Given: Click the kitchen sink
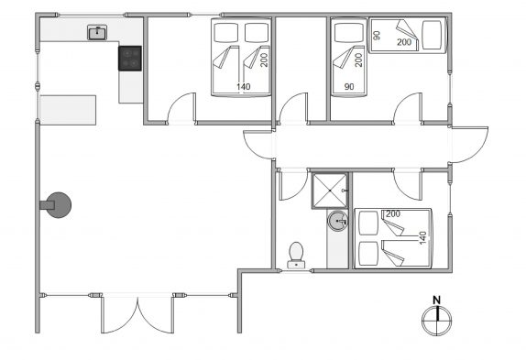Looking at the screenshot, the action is (97, 32).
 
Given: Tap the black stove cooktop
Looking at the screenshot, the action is (130, 59).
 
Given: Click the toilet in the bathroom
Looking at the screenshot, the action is (296, 256).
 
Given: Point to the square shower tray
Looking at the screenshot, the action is (330, 191).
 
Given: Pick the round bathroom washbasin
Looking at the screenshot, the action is (338, 221).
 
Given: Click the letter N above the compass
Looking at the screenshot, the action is (436, 300).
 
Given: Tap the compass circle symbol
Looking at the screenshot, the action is (436, 320).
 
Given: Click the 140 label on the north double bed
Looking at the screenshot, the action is (243, 86).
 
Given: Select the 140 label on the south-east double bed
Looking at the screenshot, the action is (422, 237).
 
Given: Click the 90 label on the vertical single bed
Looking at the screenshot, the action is (349, 86).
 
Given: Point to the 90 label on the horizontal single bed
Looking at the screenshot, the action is (377, 35).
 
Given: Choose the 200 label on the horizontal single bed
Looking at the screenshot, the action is (404, 42).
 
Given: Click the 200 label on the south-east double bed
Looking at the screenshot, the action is (393, 213).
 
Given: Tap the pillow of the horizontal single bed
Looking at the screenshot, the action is (432, 35).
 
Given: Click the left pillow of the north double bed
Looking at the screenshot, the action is (226, 32).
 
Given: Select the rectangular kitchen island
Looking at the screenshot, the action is (68, 110).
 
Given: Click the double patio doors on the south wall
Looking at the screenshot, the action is (137, 314).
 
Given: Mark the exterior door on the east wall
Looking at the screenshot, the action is (469, 145).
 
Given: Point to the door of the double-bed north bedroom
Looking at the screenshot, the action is (181, 108).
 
